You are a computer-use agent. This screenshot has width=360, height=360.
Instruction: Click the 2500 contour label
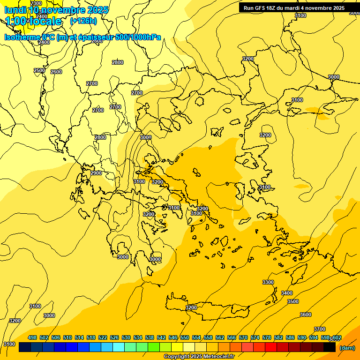pyautogui.click(x=39, y=71)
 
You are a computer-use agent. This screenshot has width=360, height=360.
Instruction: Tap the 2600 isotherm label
pyautogui.click(x=56, y=72)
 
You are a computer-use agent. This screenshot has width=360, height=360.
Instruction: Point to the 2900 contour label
pyautogui.click(x=96, y=173)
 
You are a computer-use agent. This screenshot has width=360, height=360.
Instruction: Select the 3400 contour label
pyautogui.click(x=287, y=293)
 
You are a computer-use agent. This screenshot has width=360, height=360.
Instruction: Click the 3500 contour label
pyautogui.click(x=293, y=301)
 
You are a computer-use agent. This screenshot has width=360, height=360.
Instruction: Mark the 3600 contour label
pyautogui.click(x=306, y=315)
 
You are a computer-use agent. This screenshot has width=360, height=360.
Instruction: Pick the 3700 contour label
pyautogui.click(x=320, y=329)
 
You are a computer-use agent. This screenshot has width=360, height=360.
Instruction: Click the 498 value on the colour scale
pyautogui.click(x=32, y=337)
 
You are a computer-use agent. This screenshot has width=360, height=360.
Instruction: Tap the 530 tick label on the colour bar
pyautogui.click(x=126, y=337)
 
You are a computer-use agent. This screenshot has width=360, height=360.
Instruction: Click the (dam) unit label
pyautogui.click(x=347, y=348)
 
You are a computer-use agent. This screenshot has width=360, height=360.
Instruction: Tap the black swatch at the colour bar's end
pyautogui.click(x=330, y=347)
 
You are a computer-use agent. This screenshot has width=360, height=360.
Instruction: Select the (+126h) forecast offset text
pyautogui.click(x=83, y=21)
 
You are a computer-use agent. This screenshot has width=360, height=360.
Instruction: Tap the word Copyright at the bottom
pyautogui.click(x=177, y=357)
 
